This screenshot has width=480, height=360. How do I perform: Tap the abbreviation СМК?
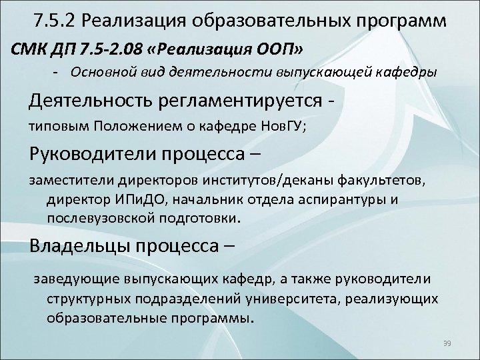pyautogui.click(x=27, y=49)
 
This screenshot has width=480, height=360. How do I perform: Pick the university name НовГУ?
pyautogui.click(x=283, y=128)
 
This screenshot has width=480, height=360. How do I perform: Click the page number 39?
pyautogui.click(x=447, y=343)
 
